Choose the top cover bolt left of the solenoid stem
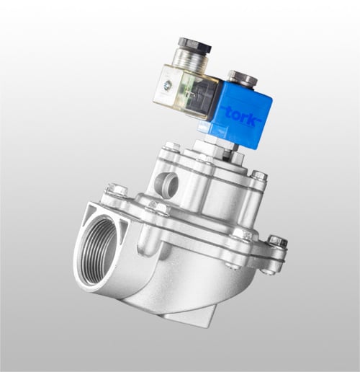(171, 148)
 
